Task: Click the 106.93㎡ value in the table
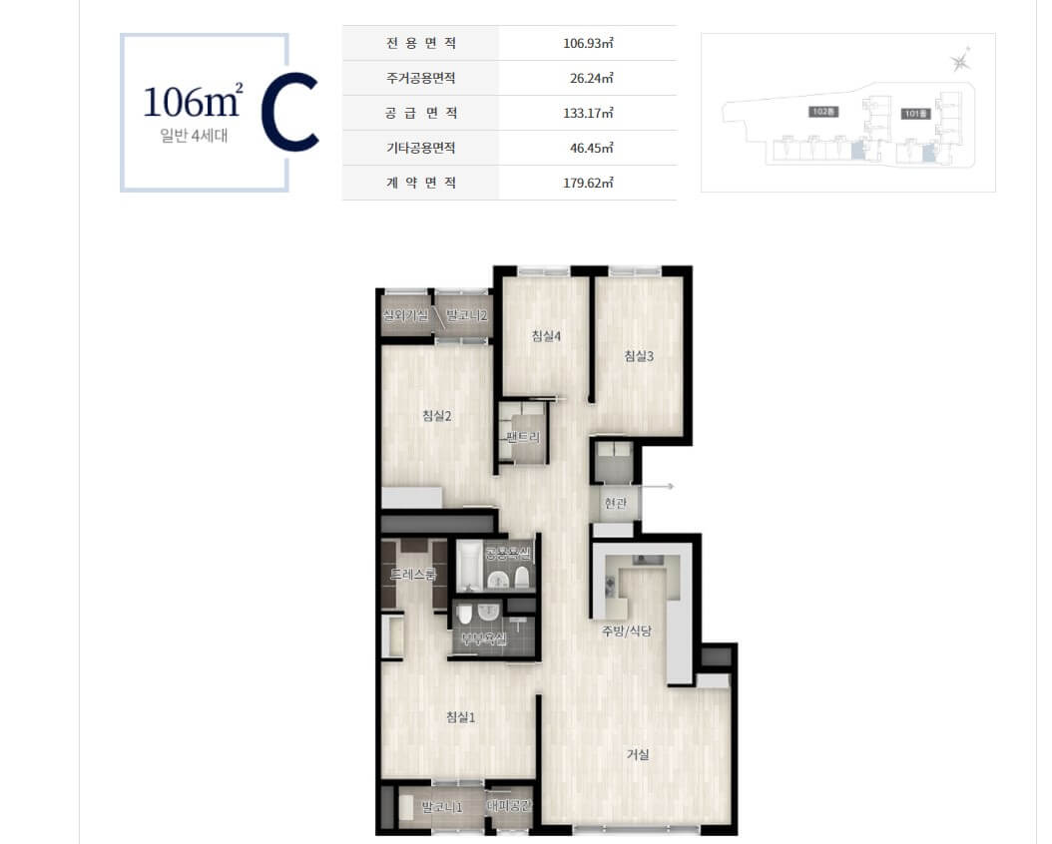tap(588, 43)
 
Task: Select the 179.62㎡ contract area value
tap(588, 183)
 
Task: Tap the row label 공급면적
tap(419, 113)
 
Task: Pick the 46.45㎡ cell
tap(590, 148)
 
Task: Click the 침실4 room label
tap(545, 336)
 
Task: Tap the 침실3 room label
tap(638, 356)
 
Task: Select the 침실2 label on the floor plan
tap(437, 416)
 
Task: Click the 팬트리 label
tap(523, 437)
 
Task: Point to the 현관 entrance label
tap(616, 504)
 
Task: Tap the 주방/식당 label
tap(626, 631)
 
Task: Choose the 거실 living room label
tap(638, 754)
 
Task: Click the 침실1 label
tap(460, 716)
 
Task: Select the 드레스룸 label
tap(412, 575)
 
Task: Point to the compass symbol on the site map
tap(959, 62)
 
